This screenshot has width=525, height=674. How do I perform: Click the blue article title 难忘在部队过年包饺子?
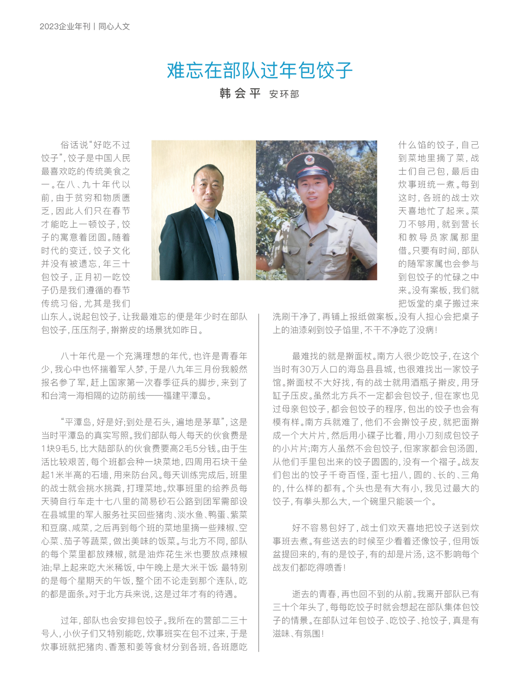pyautogui.click(x=260, y=70)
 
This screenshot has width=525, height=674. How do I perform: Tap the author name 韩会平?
pyautogui.click(x=240, y=93)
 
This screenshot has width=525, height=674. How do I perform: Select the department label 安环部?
pyautogui.click(x=284, y=94)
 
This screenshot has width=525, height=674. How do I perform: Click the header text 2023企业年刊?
pyautogui.click(x=65, y=27)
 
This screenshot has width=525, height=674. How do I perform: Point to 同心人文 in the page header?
pyautogui.click(x=114, y=27)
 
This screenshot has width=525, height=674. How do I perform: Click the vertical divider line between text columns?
pyautogui.click(x=259, y=481)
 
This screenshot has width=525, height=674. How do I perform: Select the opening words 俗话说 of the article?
pyautogui.click(x=74, y=145)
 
